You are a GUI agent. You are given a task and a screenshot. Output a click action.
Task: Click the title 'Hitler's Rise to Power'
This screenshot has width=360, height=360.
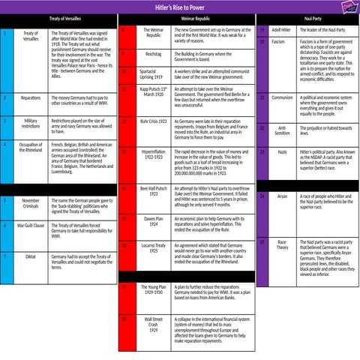click(x=179, y=7)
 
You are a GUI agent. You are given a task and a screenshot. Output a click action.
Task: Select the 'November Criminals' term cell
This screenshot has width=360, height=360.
click(x=31, y=203)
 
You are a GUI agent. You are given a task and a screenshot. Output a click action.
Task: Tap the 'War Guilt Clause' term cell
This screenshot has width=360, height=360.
click(x=31, y=225)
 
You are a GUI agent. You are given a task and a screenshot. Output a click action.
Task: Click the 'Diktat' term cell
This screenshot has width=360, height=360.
click(x=31, y=256)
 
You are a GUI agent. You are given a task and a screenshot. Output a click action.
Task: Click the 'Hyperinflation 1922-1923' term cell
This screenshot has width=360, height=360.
click(x=153, y=154)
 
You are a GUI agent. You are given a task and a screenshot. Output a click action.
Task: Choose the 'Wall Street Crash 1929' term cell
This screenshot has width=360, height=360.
click(x=153, y=324)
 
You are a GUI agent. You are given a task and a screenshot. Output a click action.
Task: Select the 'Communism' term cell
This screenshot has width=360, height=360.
click(x=281, y=97)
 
